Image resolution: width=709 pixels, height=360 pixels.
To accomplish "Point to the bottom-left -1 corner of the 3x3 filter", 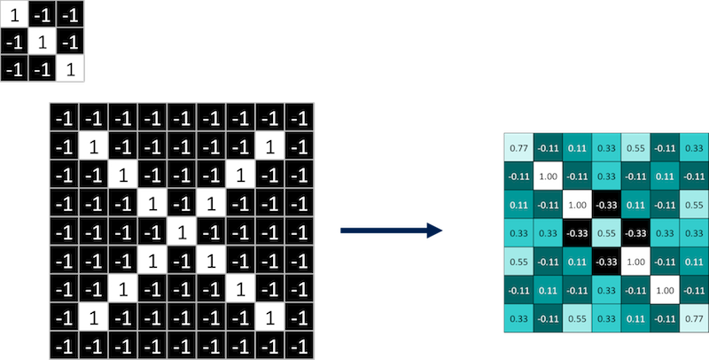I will pos(15,68).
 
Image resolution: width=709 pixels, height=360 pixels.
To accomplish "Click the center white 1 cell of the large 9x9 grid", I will pos(181,233).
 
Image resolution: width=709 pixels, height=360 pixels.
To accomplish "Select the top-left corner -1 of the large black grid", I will pos(64,119).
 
